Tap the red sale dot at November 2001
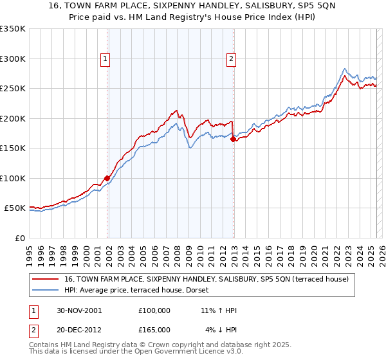(x=107, y=178)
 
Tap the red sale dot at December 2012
(x=233, y=139)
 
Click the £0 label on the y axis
(x=20, y=238)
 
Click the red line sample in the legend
(x=46, y=279)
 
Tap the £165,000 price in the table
(x=154, y=330)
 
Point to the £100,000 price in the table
(x=154, y=310)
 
